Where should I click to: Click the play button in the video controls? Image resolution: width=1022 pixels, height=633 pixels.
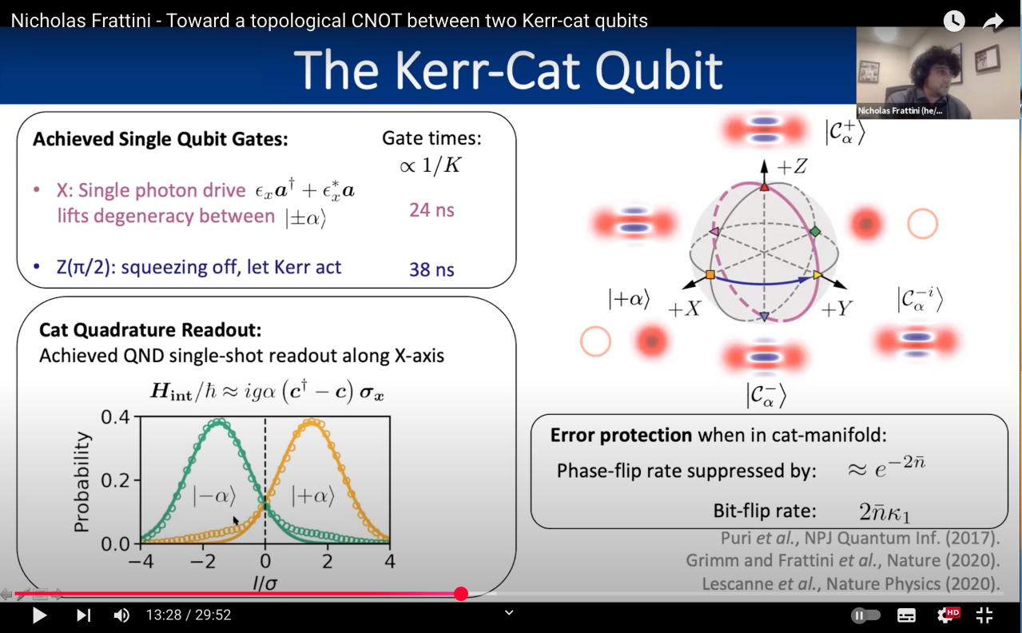point(39,615)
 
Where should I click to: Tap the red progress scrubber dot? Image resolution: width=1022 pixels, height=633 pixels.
point(461,594)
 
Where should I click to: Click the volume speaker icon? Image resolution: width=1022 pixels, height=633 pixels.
point(121,615)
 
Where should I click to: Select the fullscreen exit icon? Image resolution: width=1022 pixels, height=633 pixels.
point(984,615)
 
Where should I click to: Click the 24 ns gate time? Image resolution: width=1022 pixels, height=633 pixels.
point(431,210)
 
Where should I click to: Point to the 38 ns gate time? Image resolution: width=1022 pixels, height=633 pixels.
point(431,269)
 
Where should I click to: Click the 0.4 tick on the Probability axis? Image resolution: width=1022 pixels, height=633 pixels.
point(115,416)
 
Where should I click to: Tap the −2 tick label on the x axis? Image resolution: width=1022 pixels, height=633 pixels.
point(203,561)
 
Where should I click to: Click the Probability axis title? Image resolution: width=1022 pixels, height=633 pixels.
point(82,482)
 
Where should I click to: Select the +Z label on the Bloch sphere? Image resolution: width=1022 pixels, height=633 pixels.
point(792,166)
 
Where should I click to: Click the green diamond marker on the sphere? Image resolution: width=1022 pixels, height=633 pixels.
point(815,232)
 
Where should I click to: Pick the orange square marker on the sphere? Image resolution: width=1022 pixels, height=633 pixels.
point(710,274)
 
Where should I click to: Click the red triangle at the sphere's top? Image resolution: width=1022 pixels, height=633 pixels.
point(765,187)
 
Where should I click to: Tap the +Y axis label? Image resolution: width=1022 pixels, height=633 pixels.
point(837,309)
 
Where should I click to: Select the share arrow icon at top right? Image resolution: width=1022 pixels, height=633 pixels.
point(992,21)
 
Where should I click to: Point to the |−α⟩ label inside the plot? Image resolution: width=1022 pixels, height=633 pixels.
point(214,496)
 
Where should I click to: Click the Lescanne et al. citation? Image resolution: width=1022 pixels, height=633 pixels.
point(850,583)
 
